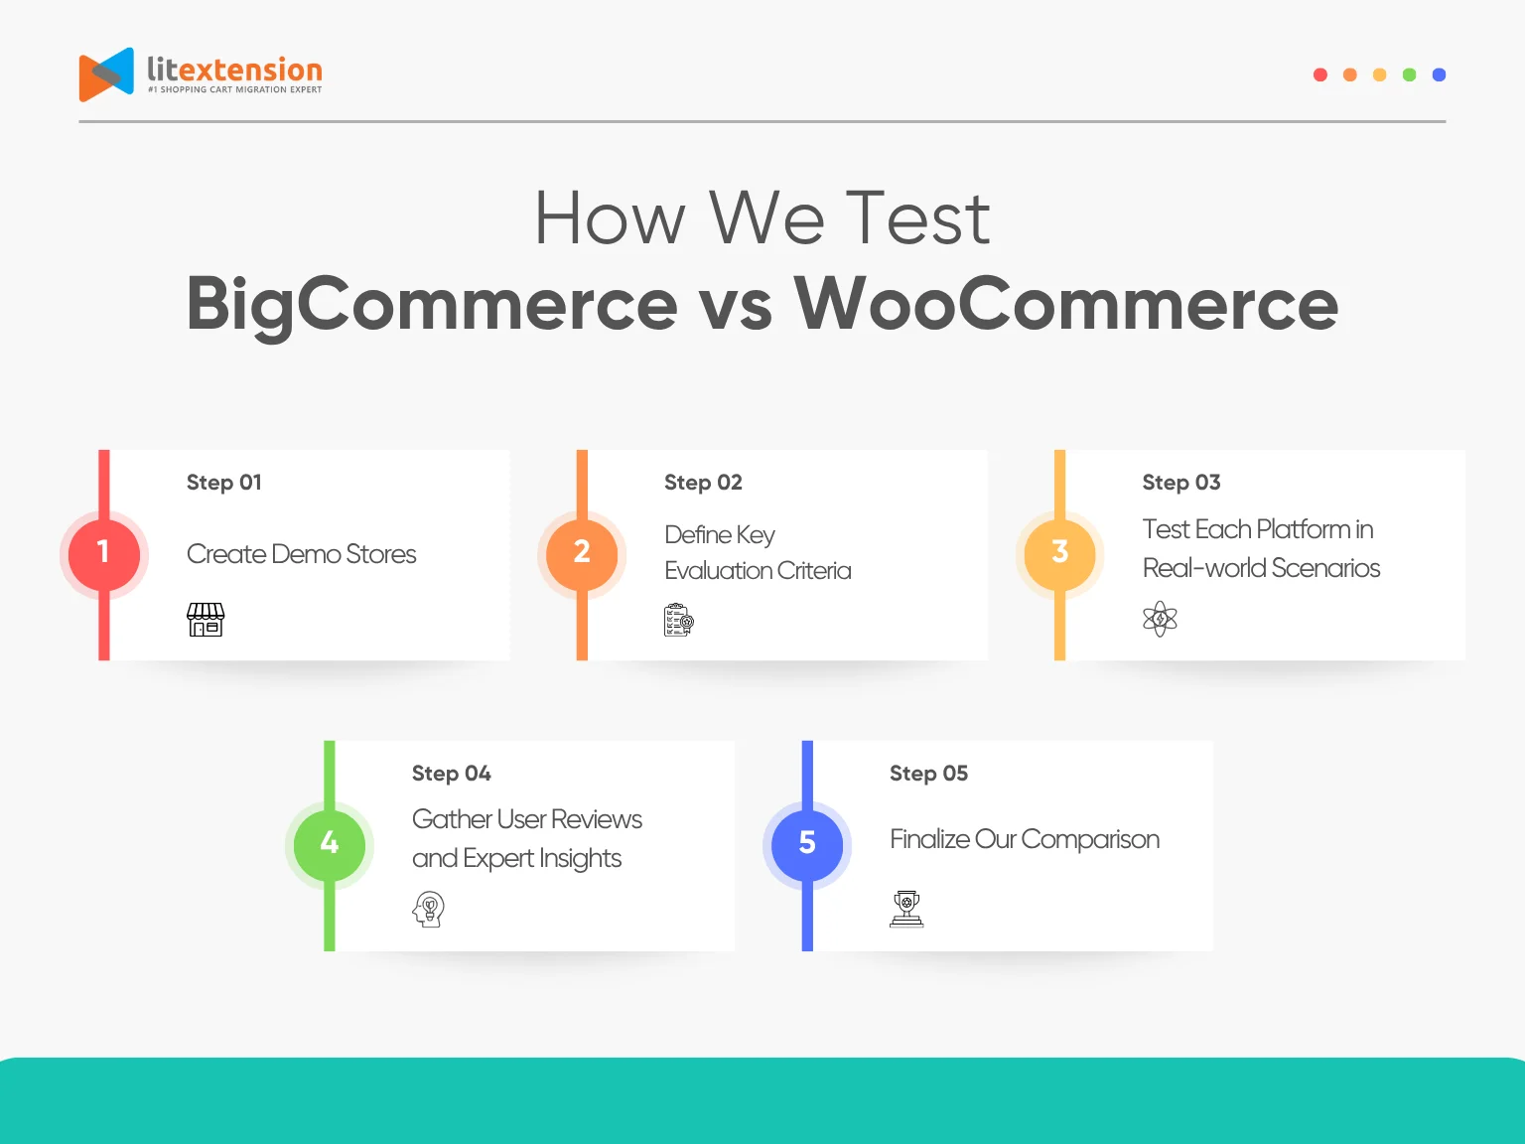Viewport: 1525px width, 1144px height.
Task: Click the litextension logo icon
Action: click(106, 74)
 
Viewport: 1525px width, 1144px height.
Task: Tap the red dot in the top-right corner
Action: click(1319, 74)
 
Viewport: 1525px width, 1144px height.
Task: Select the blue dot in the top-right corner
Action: click(1439, 74)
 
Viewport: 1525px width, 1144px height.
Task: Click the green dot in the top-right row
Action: click(1409, 74)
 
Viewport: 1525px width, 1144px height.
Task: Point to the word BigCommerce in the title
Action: click(432, 304)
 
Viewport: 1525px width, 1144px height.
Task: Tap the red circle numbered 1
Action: click(103, 553)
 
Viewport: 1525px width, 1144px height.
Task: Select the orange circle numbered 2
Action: click(582, 553)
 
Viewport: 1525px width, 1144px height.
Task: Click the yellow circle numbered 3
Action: click(1059, 553)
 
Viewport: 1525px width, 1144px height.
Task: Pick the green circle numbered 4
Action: click(330, 844)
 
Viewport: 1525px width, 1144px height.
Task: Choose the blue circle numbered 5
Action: click(807, 844)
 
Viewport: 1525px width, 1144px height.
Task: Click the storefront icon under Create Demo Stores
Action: click(206, 620)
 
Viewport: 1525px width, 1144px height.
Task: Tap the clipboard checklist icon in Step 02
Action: click(679, 620)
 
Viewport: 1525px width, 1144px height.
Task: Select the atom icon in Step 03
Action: click(1160, 620)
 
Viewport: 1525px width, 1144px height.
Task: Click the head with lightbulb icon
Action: click(429, 909)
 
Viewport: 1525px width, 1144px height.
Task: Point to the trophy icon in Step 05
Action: click(906, 909)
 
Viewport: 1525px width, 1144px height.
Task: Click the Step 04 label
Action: click(452, 774)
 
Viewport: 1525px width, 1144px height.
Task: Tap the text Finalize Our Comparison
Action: click(1024, 839)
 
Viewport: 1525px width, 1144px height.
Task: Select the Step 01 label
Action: click(224, 483)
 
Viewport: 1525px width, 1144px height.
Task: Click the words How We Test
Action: click(762, 218)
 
